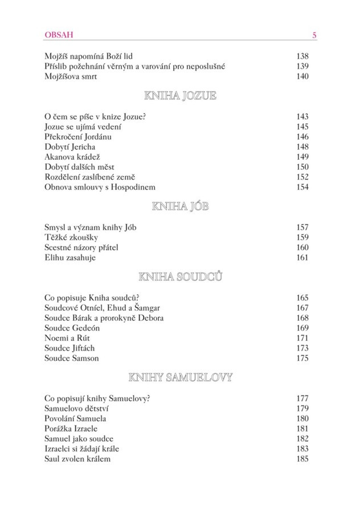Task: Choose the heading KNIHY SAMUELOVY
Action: click(180, 377)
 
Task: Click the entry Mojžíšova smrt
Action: click(69, 77)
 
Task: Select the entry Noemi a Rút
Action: click(64, 338)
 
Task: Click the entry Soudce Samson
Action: click(71, 358)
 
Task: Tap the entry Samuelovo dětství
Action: click(76, 408)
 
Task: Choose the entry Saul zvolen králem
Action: click(77, 458)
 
